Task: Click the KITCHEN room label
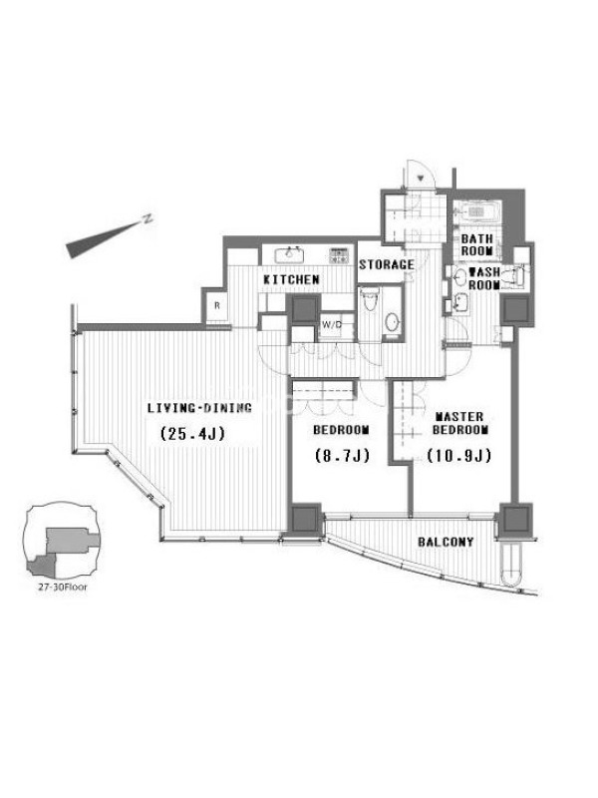(x=291, y=279)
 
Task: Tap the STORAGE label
(x=387, y=264)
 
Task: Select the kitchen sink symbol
(x=291, y=254)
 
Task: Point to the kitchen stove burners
(x=339, y=255)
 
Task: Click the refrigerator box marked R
(x=217, y=306)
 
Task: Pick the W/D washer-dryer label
(x=331, y=324)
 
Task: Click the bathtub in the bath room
(x=477, y=210)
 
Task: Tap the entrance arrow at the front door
(x=421, y=179)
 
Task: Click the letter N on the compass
(x=148, y=218)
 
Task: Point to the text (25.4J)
(x=192, y=434)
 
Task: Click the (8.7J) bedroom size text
(x=342, y=455)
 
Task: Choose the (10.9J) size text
(x=459, y=455)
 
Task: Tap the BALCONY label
(x=446, y=542)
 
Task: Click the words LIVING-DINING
(x=199, y=408)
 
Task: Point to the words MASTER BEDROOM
(x=460, y=423)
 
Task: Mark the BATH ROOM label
(x=477, y=244)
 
